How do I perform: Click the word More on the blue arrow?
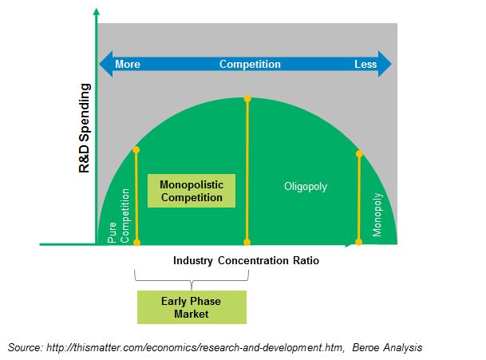tap(128, 64)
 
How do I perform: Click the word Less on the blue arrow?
tap(365, 64)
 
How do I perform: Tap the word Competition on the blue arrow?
tap(250, 64)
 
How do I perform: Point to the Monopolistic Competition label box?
tap(192, 191)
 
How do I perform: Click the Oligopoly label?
tap(306, 187)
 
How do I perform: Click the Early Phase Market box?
tap(191, 307)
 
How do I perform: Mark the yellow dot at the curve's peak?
tap(247, 98)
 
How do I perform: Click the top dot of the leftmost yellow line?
tap(136, 150)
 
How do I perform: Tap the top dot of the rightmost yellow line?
tap(359, 153)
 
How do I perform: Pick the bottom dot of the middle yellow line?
tap(247, 242)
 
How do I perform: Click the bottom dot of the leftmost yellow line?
tap(136, 242)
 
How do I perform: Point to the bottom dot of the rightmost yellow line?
tap(359, 242)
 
